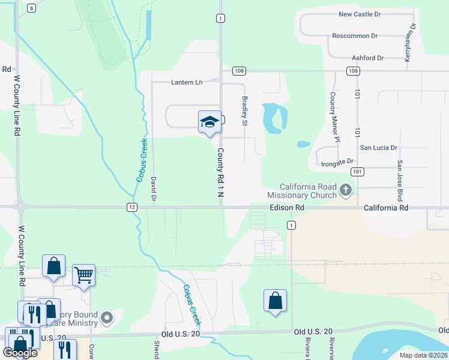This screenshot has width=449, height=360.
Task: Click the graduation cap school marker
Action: point(209,122)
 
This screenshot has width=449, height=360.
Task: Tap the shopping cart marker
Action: point(84,275)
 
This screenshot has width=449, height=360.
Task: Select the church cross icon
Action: point(345,191)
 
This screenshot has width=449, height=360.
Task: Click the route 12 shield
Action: point(131,207)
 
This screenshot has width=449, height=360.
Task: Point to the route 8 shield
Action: point(31,8)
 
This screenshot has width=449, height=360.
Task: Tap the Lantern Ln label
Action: point(187,82)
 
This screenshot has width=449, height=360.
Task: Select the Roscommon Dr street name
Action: point(355,36)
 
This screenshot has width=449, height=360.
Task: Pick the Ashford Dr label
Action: point(367,58)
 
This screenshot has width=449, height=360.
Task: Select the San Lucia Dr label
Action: point(378,148)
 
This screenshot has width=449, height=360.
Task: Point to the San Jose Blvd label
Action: point(399,180)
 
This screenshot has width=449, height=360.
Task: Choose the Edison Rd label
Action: point(287,208)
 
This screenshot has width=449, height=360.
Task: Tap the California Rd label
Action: point(385,208)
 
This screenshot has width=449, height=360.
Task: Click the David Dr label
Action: point(154,188)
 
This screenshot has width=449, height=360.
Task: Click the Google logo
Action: point(20,352)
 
